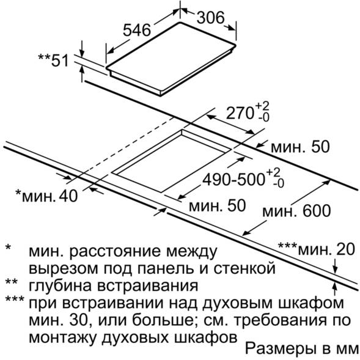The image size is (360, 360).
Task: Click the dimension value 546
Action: (137, 31)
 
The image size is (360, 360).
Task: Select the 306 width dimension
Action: (210, 18)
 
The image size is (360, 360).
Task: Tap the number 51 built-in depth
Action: (60, 61)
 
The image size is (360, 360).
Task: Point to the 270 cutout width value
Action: (240, 113)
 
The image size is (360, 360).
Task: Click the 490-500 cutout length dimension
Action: (234, 179)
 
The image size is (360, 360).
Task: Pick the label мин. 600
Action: (296, 211)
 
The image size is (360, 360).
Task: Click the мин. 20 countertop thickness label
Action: (326, 249)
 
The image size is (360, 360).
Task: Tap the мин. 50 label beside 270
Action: (300, 147)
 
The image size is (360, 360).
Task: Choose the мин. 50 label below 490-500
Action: (217, 205)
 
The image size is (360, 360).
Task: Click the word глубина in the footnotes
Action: (61, 285)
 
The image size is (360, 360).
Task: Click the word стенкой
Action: (244, 268)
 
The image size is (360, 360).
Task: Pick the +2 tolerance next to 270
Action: (262, 106)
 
